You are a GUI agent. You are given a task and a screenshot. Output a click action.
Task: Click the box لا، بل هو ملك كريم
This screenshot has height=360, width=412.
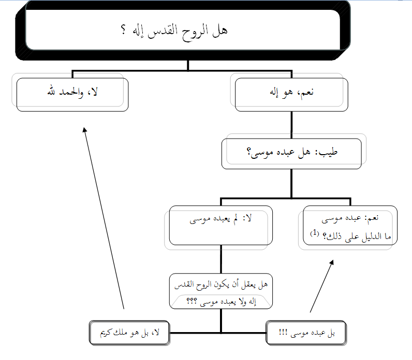click(x=129, y=334)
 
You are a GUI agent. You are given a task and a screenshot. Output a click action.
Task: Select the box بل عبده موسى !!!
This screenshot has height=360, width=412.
click(x=305, y=334)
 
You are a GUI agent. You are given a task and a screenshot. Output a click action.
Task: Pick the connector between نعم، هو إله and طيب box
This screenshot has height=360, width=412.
click(x=291, y=124)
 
